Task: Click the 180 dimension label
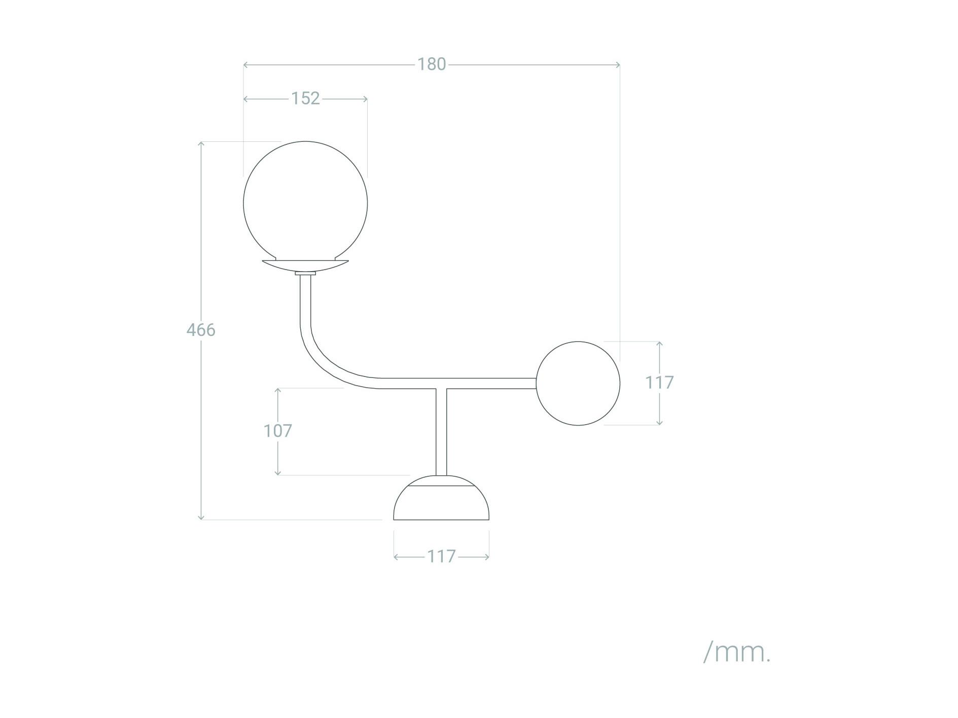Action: tap(431, 64)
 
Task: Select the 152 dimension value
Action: tap(305, 98)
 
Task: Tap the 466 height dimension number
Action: tap(201, 330)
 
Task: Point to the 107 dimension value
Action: tap(277, 431)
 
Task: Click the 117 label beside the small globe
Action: tap(659, 383)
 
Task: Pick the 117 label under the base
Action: tap(441, 556)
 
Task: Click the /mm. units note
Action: tap(737, 652)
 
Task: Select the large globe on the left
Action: tap(305, 203)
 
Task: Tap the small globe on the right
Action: tap(578, 383)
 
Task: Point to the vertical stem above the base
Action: tap(441, 431)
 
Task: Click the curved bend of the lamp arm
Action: tap(325, 360)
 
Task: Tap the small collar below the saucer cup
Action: tap(305, 273)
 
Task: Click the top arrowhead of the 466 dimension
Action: tap(201, 143)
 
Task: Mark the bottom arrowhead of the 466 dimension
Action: tap(201, 517)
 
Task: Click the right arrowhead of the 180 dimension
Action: tap(618, 64)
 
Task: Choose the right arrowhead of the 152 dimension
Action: tap(365, 99)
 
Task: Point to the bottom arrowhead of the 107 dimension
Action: tap(278, 473)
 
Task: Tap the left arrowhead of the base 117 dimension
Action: tap(396, 557)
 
